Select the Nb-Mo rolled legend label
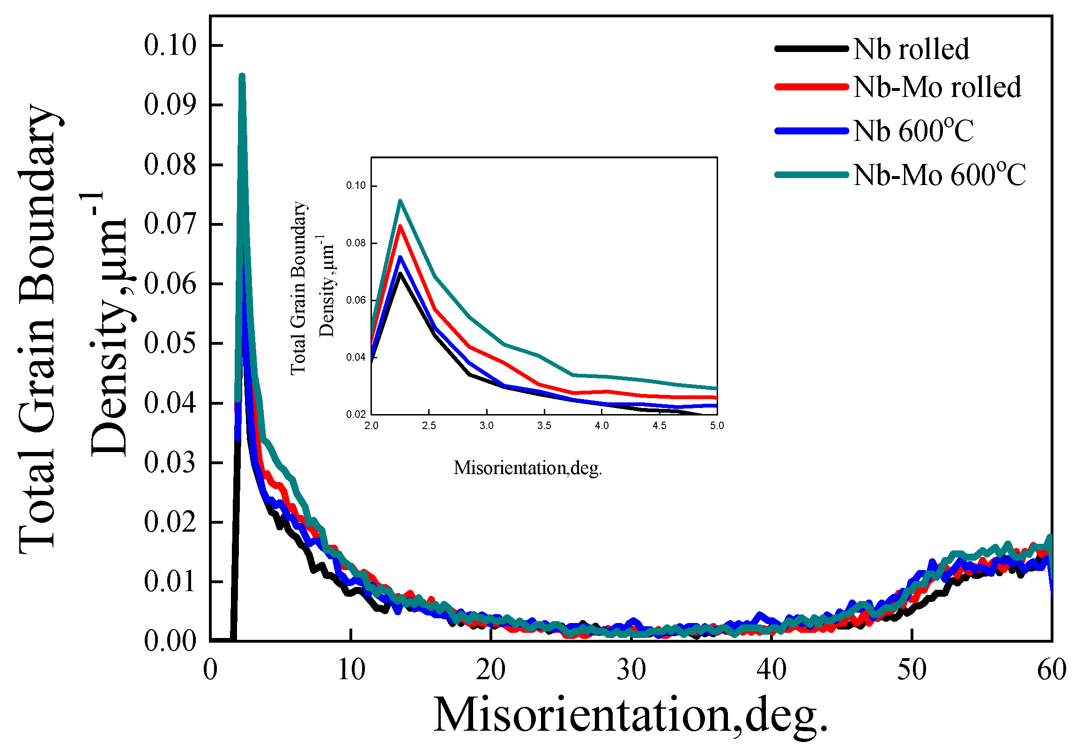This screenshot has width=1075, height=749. pyautogui.click(x=937, y=87)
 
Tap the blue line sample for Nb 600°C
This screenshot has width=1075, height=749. pyautogui.click(x=811, y=131)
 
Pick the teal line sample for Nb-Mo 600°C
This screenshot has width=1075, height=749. pyautogui.click(x=811, y=175)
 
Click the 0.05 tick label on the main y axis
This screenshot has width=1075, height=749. pyautogui.click(x=170, y=343)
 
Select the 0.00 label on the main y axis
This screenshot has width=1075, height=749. pyautogui.click(x=170, y=641)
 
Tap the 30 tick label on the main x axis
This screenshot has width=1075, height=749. pyautogui.click(x=631, y=670)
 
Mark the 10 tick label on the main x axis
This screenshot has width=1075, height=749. pyautogui.click(x=351, y=670)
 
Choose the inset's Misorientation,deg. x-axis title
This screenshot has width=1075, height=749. pyautogui.click(x=527, y=468)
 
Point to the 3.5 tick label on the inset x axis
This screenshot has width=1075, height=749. pyautogui.click(x=544, y=426)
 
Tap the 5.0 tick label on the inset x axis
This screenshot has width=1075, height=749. pyautogui.click(x=717, y=426)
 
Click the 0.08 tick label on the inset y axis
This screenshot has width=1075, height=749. pyautogui.click(x=356, y=243)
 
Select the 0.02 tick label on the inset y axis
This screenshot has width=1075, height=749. pyautogui.click(x=356, y=415)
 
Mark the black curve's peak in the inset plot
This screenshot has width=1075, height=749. pyautogui.click(x=400, y=273)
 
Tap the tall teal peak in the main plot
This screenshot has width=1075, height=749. pyautogui.click(x=242, y=76)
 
